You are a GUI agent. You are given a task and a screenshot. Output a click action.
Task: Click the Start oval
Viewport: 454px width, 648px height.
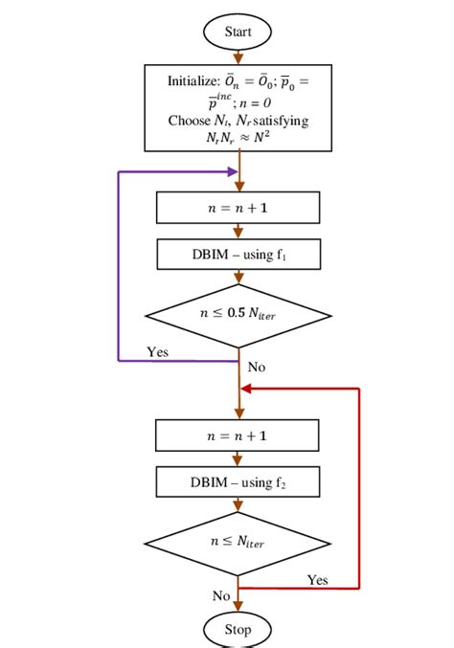tap(238, 32)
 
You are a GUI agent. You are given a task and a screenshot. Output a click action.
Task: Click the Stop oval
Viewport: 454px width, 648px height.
tap(238, 629)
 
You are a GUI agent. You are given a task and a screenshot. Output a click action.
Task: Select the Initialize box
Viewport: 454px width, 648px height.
tap(238, 108)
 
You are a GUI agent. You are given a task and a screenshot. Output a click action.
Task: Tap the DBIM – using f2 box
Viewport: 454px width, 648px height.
tap(238, 480)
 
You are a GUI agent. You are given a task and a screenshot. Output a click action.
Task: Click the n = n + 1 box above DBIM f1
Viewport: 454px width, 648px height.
tap(238, 208)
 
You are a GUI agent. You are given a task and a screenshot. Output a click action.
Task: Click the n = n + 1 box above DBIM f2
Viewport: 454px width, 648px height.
tap(238, 435)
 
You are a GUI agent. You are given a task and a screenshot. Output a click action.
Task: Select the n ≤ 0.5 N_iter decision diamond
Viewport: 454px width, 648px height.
tap(238, 315)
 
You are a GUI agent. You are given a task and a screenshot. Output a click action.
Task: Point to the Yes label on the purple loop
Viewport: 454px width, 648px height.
tap(159, 351)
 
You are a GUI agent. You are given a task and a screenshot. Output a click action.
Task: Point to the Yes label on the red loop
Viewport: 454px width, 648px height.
tap(318, 579)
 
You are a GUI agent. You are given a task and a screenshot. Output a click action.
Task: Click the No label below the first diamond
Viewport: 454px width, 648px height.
tap(257, 367)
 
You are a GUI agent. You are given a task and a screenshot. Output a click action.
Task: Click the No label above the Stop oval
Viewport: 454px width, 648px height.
tap(221, 595)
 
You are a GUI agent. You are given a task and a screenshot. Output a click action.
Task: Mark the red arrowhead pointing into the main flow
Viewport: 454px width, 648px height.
tap(245, 389)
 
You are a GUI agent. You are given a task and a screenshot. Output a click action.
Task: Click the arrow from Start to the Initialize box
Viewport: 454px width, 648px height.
tap(238, 56)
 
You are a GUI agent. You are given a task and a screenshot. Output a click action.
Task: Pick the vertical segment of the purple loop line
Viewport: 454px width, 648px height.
tap(118, 268)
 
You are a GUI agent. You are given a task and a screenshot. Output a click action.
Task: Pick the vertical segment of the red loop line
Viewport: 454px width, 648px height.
tap(359, 488)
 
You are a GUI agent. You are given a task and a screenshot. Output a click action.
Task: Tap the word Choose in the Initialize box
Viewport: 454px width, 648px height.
tap(187, 121)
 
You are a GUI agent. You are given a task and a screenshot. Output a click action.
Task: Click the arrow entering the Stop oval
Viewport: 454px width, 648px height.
tap(238, 605)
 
